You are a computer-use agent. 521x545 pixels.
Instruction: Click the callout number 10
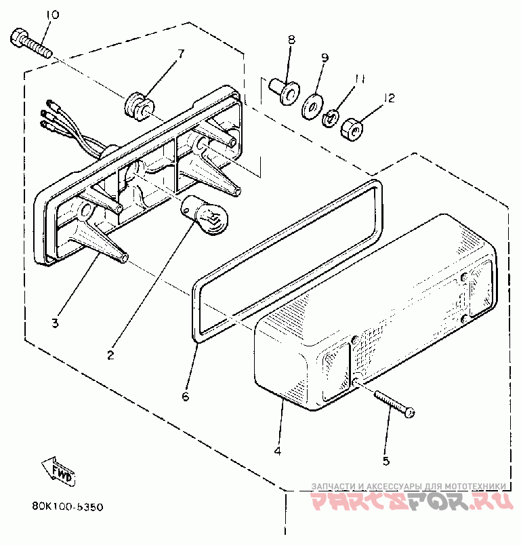tap(51, 15)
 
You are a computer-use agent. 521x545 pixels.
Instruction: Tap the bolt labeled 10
tap(30, 43)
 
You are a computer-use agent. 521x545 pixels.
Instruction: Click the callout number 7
tap(181, 52)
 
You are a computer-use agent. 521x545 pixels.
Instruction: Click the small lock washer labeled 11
tap(331, 118)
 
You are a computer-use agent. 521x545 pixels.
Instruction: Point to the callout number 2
tap(110, 354)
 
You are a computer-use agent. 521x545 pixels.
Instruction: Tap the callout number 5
tap(386, 461)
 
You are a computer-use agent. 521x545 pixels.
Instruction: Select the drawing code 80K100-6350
tap(66, 506)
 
